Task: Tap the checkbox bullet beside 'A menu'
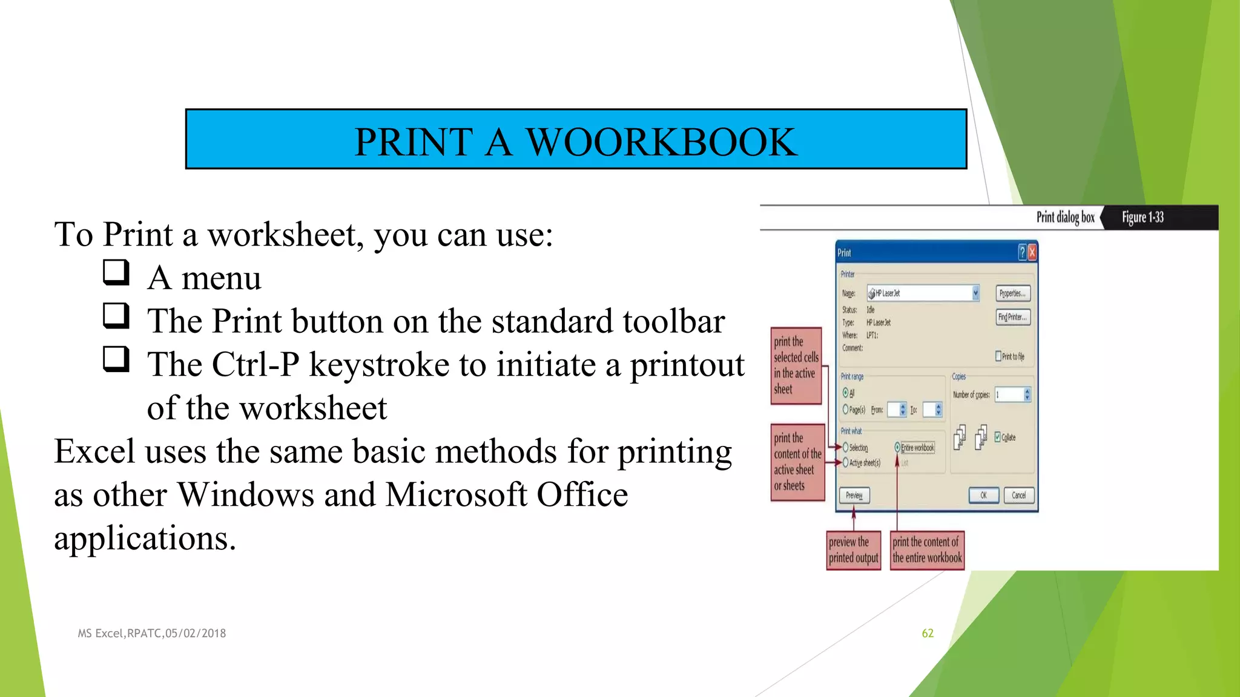coord(116,272)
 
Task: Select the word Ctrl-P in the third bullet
coord(254,365)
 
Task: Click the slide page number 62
coord(928,633)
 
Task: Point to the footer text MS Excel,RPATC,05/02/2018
coord(152,633)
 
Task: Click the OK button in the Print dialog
coord(983,495)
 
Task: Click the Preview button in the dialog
coord(854,495)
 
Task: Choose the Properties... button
coord(1012,293)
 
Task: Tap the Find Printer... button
coord(1012,317)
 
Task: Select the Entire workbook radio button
coord(897,448)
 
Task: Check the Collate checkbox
coord(998,437)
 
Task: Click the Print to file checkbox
coord(998,356)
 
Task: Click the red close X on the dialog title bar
coord(1032,252)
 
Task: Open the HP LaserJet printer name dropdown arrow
coord(975,293)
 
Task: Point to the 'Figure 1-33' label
coord(1143,217)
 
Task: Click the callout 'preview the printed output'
coord(853,550)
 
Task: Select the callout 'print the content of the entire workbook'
coord(927,550)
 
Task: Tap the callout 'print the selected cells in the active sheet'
coord(796,365)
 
